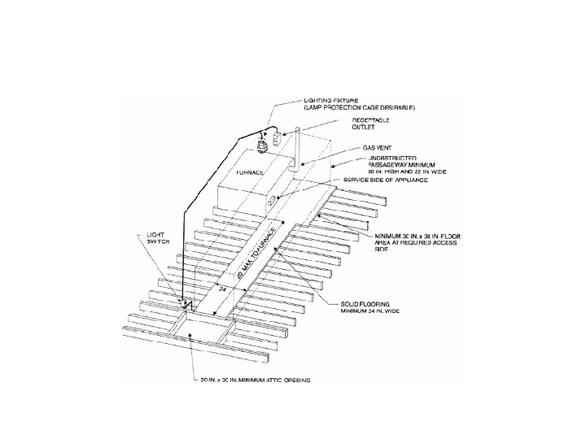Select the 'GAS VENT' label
[x=355, y=149]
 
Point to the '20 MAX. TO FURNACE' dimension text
[x=258, y=253]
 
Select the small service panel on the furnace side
[x=282, y=198]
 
